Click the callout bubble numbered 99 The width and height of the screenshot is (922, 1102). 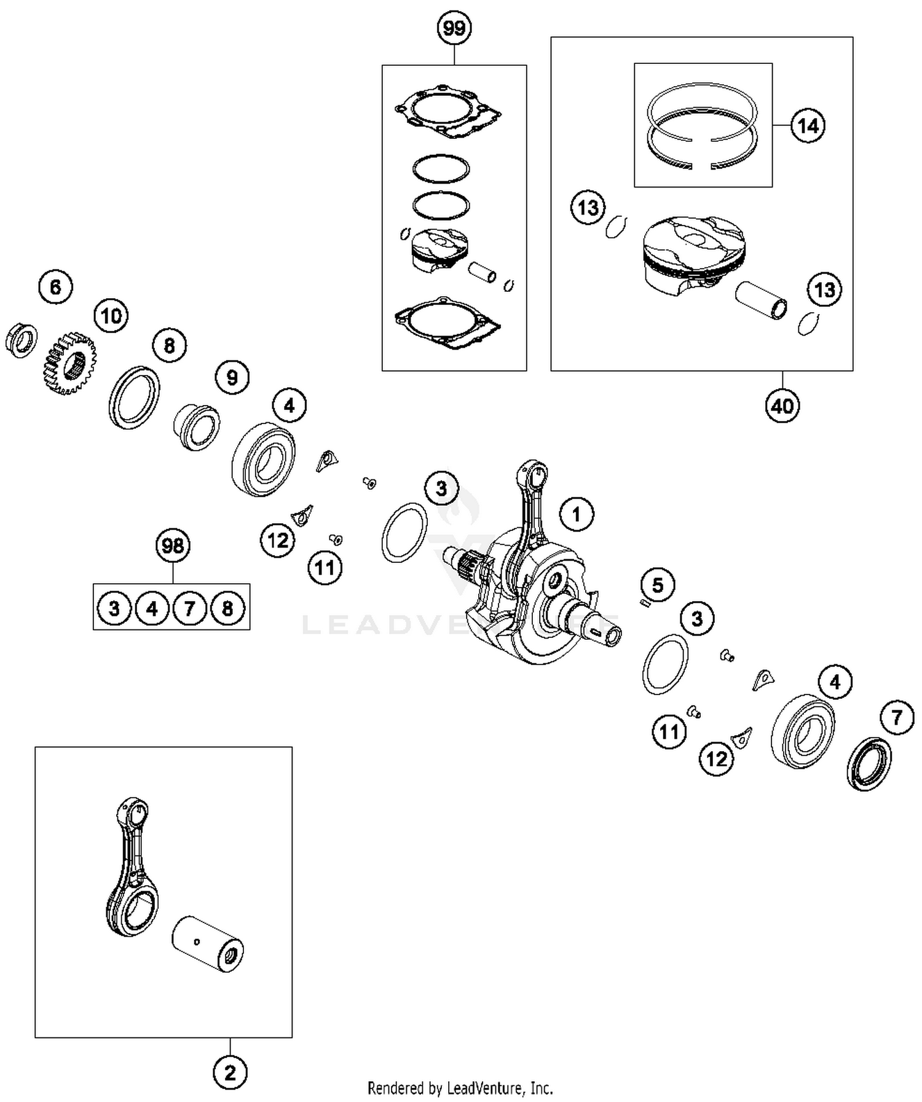click(x=454, y=28)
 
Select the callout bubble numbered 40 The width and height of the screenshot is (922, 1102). click(x=782, y=406)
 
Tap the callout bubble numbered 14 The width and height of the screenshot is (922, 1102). click(x=807, y=125)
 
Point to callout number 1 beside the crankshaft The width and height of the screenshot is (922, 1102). click(x=577, y=514)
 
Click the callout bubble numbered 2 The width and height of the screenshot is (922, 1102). click(x=230, y=1072)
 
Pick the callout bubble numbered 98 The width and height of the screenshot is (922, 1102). click(x=173, y=545)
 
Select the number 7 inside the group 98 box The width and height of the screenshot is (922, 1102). click(x=189, y=608)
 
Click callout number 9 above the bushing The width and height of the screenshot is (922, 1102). click(x=232, y=377)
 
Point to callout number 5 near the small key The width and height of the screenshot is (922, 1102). click(x=658, y=584)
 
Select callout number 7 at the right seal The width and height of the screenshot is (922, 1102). click(x=897, y=717)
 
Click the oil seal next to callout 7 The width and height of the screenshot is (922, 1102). click(x=869, y=764)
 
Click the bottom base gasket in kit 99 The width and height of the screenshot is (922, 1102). click(x=447, y=323)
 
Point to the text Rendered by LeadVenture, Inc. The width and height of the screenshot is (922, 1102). click(x=460, y=1088)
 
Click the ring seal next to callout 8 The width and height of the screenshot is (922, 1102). click(x=135, y=397)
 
